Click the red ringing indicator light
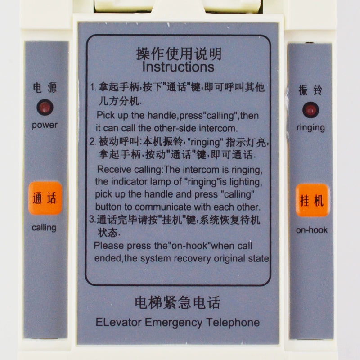click(310, 110)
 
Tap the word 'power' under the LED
click(45, 126)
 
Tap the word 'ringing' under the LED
click(310, 128)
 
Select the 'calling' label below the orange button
click(44, 228)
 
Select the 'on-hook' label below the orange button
click(311, 230)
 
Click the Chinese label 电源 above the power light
click(45, 88)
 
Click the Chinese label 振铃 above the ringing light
click(310, 90)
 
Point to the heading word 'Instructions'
click(178, 67)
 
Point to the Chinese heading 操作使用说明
click(179, 54)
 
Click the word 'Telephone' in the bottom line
click(233, 322)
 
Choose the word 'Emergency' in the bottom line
click(174, 323)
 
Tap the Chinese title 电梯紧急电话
click(177, 302)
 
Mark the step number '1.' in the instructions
click(93, 87)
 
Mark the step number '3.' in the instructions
click(92, 219)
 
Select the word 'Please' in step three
click(109, 246)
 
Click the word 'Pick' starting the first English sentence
click(105, 115)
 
